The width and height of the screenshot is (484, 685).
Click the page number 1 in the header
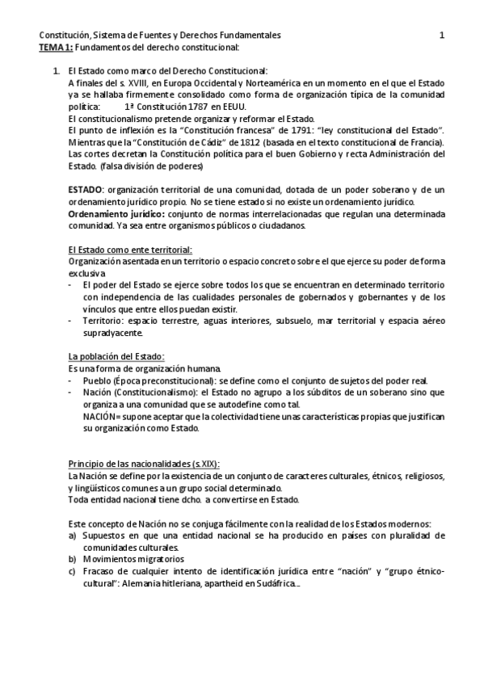coord(442,36)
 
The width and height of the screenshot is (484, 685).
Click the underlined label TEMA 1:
coord(54,47)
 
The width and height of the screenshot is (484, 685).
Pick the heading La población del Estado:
coord(116,357)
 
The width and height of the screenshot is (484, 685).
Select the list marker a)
coord(73,536)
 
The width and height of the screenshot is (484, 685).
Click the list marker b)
coord(73,558)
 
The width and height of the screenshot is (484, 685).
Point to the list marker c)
coord(73,570)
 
